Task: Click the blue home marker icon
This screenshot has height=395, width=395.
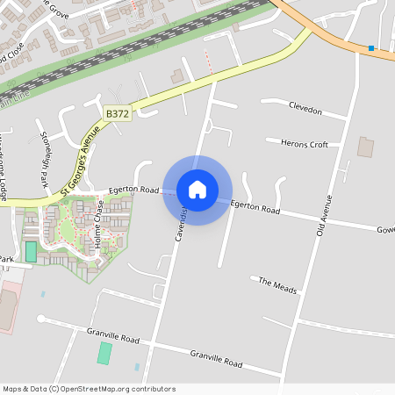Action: point(197,190)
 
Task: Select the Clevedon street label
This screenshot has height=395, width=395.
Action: point(305,112)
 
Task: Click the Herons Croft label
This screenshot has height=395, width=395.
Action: point(304,143)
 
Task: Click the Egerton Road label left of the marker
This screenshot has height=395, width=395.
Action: point(133,190)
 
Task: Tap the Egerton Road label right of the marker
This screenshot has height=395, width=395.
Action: point(255,207)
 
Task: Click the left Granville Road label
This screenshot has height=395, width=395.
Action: point(113,334)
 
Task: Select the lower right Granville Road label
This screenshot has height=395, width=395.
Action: point(217,358)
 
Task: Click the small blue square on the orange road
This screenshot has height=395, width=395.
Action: point(371,48)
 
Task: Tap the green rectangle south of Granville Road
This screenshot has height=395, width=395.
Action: point(104,353)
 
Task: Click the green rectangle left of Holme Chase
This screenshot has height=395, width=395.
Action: point(32,252)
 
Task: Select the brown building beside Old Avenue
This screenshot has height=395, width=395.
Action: point(365,147)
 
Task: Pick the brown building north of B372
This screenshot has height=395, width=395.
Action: point(177,77)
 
